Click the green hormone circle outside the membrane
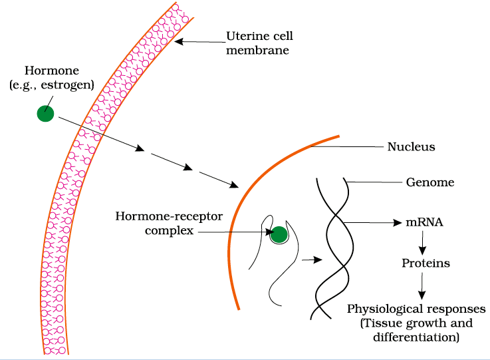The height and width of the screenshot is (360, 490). (x=45, y=114)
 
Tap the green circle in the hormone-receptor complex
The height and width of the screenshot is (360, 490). (x=279, y=234)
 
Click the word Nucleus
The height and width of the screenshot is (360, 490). (x=411, y=147)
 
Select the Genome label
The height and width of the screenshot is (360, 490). (x=429, y=182)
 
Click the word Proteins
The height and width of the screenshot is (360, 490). (x=426, y=264)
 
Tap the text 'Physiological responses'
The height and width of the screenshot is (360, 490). (x=417, y=310)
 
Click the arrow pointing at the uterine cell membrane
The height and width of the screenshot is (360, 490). (x=199, y=42)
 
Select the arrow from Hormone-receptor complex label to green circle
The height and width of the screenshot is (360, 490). (x=233, y=232)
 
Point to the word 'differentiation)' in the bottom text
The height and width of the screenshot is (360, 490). (x=417, y=337)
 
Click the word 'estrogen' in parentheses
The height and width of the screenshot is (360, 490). (x=71, y=84)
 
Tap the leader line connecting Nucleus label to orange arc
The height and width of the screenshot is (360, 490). (x=346, y=147)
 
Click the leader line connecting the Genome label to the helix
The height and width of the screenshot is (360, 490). (x=372, y=182)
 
